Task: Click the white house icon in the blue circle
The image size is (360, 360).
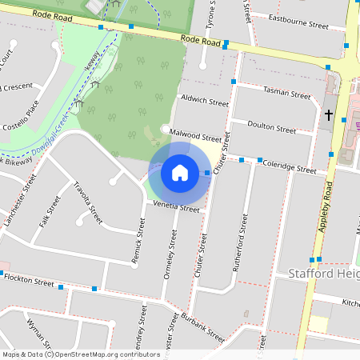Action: pyautogui.click(x=180, y=172)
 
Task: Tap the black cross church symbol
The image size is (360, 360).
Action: pyautogui.click(x=328, y=115)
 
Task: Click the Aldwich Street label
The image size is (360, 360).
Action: pyautogui.click(x=205, y=102)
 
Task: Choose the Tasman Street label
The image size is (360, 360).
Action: pyautogui.click(x=286, y=94)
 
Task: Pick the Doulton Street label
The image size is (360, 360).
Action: pyautogui.click(x=272, y=127)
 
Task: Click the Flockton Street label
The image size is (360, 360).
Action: pyautogui.click(x=28, y=280)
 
